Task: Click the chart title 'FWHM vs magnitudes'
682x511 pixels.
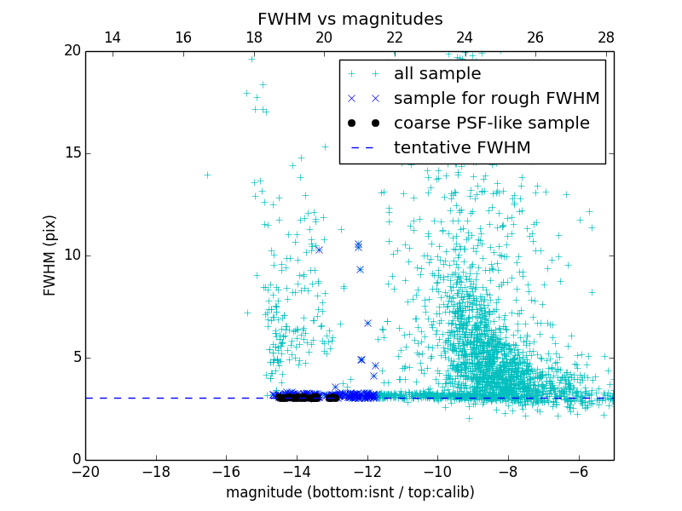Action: click(x=350, y=19)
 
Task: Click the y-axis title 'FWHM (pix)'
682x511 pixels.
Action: click(x=50, y=255)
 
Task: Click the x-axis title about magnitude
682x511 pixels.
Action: click(x=350, y=492)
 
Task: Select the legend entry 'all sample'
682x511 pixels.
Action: click(x=436, y=74)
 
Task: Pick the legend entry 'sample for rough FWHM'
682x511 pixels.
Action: click(x=496, y=99)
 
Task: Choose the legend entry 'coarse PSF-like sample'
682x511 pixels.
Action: click(x=491, y=123)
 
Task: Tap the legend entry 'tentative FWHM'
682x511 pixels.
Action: click(x=461, y=148)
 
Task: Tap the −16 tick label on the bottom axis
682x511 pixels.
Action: click(x=226, y=472)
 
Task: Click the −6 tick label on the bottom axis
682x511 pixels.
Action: click(x=578, y=472)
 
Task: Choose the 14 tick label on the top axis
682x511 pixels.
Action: click(x=112, y=37)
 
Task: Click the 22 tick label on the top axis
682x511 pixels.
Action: click(x=394, y=37)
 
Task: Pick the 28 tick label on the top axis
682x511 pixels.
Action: click(x=605, y=37)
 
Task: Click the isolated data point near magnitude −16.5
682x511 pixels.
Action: click(x=207, y=175)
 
